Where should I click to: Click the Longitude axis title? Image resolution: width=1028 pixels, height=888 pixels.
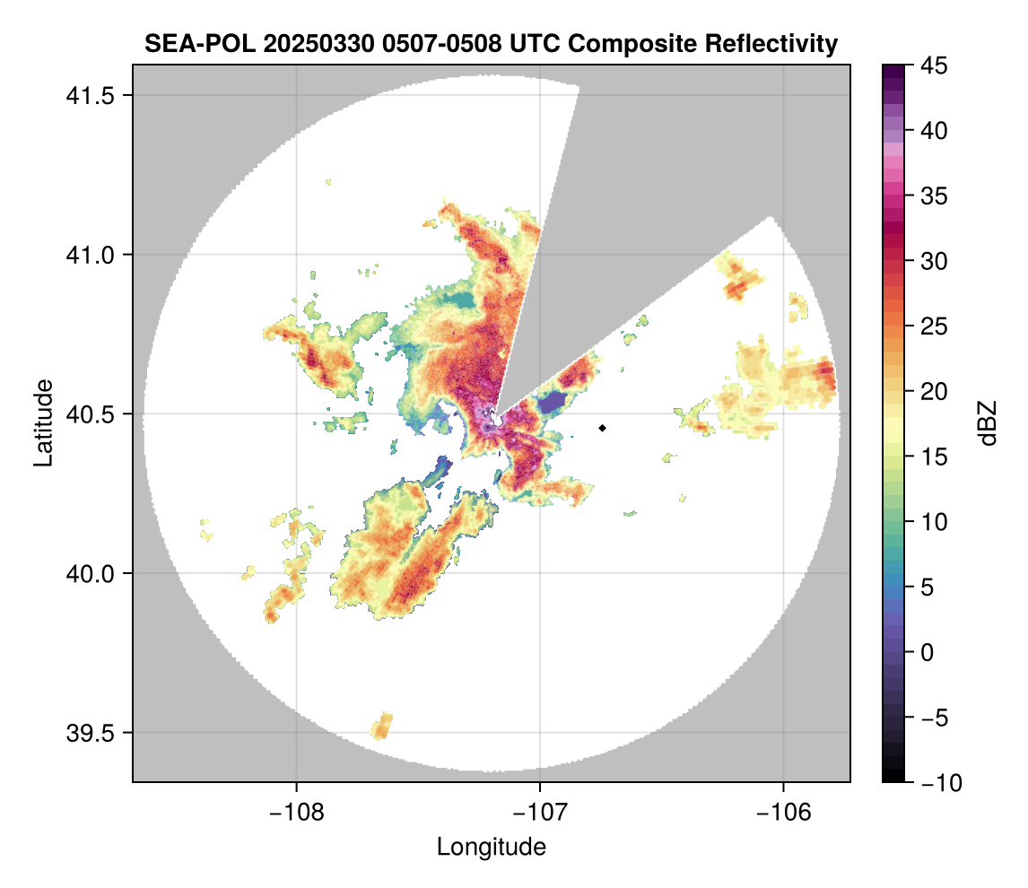(492, 846)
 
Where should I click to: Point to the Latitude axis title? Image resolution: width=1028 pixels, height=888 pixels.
(42, 422)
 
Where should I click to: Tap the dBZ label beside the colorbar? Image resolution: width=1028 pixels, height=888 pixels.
(988, 423)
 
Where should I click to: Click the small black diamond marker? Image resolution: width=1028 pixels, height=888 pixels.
(603, 428)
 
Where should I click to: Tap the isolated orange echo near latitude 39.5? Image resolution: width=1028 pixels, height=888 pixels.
(382, 726)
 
